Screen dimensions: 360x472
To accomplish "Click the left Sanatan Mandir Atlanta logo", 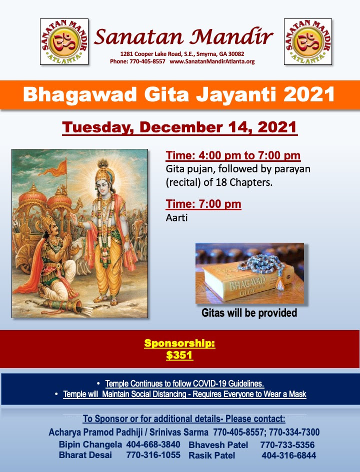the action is (64, 41).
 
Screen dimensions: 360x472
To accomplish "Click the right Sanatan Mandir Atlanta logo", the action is (308, 41).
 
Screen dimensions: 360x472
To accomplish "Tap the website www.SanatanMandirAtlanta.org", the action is (212, 61).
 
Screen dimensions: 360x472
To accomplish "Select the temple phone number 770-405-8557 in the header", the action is (147, 61).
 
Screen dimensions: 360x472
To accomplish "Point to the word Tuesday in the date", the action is (98, 128).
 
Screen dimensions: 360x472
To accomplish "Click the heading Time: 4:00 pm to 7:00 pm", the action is (233, 156).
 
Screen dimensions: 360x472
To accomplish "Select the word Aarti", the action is (176, 218).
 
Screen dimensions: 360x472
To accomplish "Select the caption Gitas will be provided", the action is (249, 313).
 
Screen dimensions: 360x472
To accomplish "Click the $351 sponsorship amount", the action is (179, 355).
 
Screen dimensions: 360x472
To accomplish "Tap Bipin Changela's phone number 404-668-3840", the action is (153, 445).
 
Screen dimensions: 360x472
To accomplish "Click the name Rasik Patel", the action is (212, 456).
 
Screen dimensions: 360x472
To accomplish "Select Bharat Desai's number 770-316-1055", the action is (153, 455).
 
